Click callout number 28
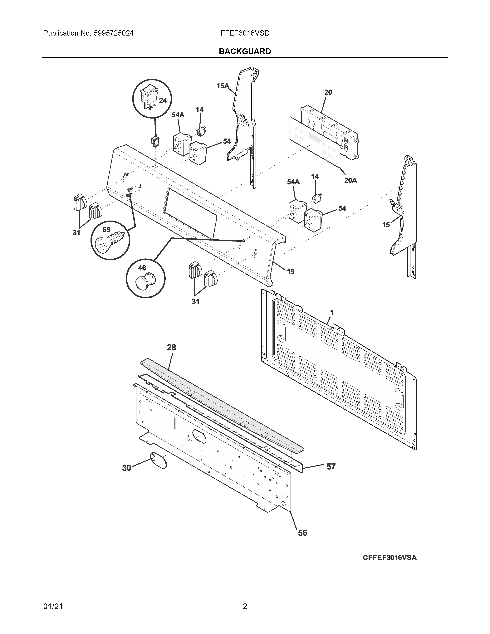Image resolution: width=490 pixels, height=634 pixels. tap(171, 348)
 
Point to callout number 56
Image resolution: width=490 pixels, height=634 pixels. tap(302, 533)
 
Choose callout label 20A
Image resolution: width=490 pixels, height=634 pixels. tap(350, 181)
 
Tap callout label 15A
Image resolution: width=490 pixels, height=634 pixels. tap(223, 86)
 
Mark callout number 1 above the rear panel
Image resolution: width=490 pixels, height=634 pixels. tap(332, 312)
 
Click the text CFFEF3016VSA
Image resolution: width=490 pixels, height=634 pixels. tap(390, 566)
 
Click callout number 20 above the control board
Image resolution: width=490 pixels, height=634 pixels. tap(328, 92)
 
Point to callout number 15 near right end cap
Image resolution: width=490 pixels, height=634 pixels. tap(386, 225)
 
